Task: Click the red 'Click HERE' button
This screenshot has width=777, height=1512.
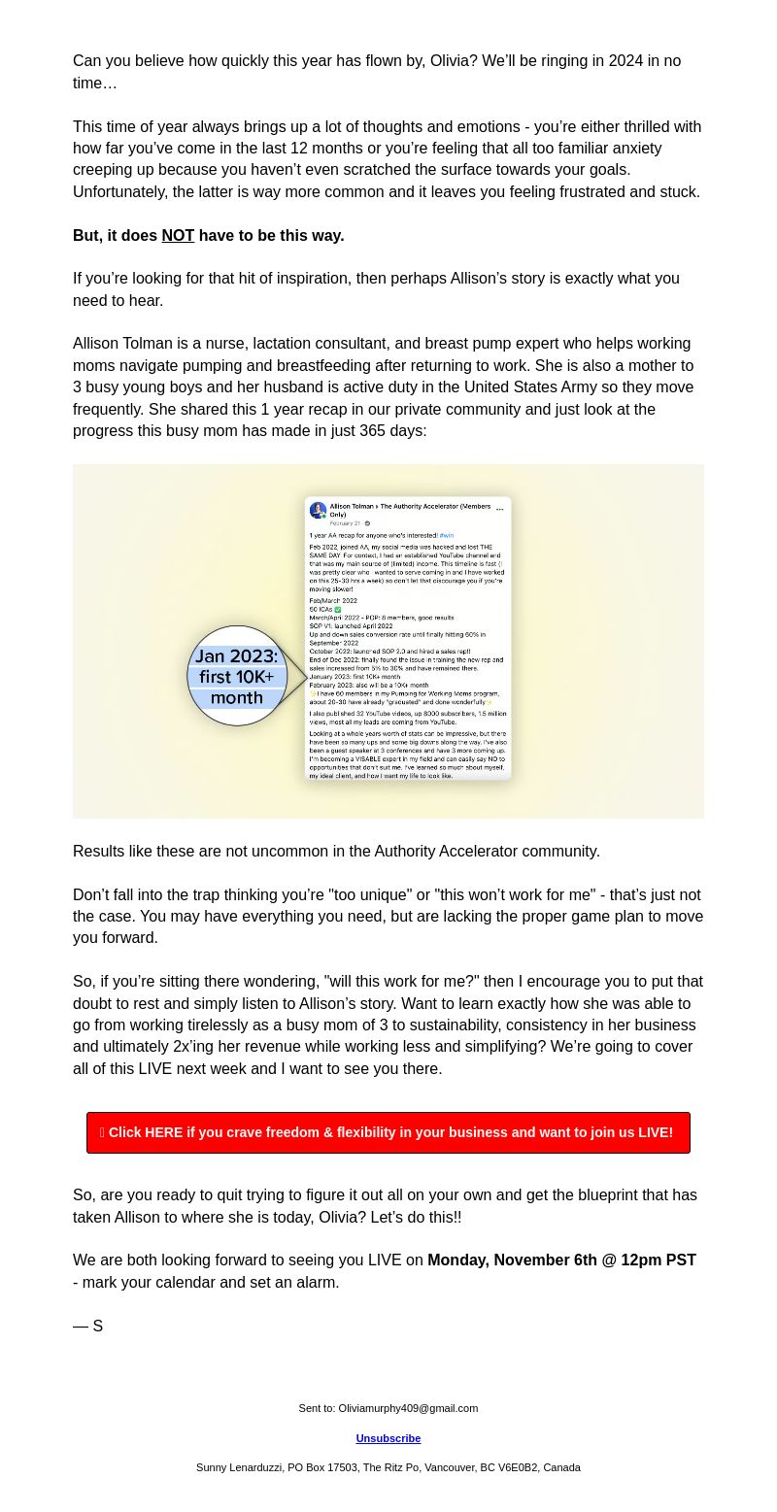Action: tap(388, 1132)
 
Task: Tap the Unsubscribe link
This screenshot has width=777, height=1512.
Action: tap(388, 1438)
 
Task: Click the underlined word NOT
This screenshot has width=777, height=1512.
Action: tap(178, 236)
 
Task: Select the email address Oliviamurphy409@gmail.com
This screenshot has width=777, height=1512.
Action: tap(408, 1408)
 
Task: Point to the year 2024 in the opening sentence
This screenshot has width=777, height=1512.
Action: tap(625, 61)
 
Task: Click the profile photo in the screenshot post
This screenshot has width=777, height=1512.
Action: tap(318, 510)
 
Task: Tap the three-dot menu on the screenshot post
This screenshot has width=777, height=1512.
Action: tap(500, 508)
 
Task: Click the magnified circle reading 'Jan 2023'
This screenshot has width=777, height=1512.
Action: tap(237, 676)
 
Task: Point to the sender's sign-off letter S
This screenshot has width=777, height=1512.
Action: tap(97, 1326)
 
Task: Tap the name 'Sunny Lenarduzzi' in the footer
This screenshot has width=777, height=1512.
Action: tap(238, 1467)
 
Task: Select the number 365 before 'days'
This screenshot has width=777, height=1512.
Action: tap(374, 431)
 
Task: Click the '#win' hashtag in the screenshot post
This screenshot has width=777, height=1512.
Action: tap(446, 535)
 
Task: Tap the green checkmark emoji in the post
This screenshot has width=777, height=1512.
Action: tap(338, 610)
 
